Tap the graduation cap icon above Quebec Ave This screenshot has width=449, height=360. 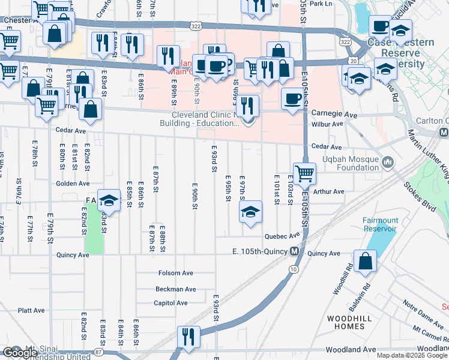[251, 212]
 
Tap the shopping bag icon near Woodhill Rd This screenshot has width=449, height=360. [365, 262]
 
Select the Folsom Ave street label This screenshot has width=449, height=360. [176, 273]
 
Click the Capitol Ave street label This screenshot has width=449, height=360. [171, 303]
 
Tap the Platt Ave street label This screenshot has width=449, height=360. [31, 311]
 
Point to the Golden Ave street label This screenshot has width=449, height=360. [73, 184]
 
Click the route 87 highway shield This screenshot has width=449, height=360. [98, 352]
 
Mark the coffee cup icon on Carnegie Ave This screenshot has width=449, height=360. [292, 99]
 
